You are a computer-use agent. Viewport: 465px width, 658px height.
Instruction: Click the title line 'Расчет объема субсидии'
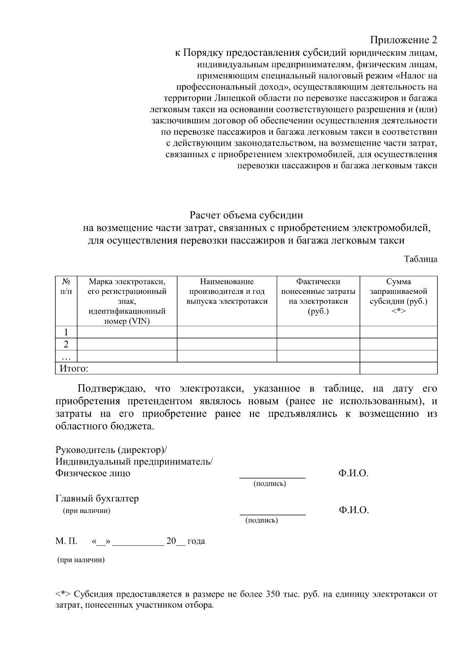(246, 215)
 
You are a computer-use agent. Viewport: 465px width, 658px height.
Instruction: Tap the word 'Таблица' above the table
(420, 259)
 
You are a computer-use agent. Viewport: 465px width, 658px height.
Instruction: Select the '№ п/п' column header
(66, 286)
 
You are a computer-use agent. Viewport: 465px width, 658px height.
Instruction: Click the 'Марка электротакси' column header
(127, 301)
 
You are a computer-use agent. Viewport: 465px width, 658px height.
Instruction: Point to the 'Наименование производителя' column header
(227, 292)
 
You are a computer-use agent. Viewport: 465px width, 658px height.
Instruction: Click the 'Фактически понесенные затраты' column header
(318, 297)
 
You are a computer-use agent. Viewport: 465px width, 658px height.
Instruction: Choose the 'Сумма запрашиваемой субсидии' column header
(398, 297)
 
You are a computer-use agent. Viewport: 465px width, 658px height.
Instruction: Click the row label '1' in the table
(66, 332)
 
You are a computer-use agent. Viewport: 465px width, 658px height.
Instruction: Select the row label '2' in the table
(66, 344)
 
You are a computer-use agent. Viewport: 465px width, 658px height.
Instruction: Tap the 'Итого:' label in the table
(74, 368)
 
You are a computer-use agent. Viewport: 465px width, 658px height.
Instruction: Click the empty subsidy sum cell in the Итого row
(398, 368)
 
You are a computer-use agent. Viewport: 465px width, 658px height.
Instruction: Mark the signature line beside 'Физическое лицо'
(272, 477)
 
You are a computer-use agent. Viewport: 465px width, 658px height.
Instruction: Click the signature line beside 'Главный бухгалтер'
(272, 514)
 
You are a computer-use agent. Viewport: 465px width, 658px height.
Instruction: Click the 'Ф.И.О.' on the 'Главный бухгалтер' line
(353, 510)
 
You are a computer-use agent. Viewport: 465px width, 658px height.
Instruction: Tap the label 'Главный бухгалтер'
(97, 499)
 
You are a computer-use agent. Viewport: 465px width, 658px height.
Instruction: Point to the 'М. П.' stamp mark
(66, 541)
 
